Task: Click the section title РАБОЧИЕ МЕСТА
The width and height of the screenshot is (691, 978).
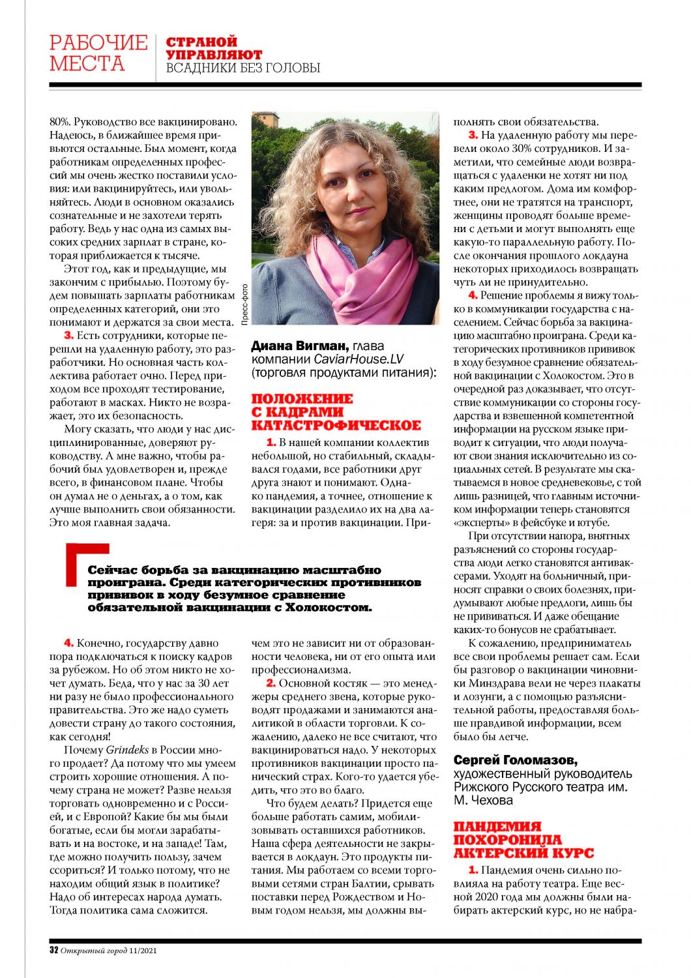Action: point(98,53)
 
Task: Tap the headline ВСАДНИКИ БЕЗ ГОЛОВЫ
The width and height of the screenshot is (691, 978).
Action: point(243,68)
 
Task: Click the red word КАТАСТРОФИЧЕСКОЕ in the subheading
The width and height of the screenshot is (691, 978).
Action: point(336,426)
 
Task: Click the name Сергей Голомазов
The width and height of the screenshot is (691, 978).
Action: point(515,760)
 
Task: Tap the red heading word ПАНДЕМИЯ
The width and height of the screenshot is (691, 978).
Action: point(498,827)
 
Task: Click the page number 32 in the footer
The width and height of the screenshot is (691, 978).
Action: point(54,950)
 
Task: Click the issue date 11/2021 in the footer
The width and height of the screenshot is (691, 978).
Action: point(143,950)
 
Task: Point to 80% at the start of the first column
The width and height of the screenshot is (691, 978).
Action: point(59,121)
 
